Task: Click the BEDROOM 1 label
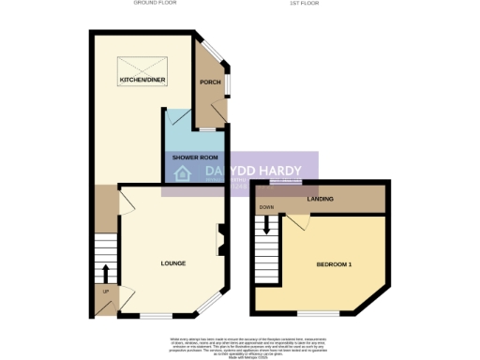[x=335, y=265]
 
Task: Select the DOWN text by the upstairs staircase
[x=267, y=207]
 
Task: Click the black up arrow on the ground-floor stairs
[x=104, y=274]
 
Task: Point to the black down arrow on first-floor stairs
[x=267, y=225]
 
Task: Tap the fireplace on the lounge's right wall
[x=221, y=239]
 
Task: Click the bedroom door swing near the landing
[x=298, y=221]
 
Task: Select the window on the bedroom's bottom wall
[x=319, y=311]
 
